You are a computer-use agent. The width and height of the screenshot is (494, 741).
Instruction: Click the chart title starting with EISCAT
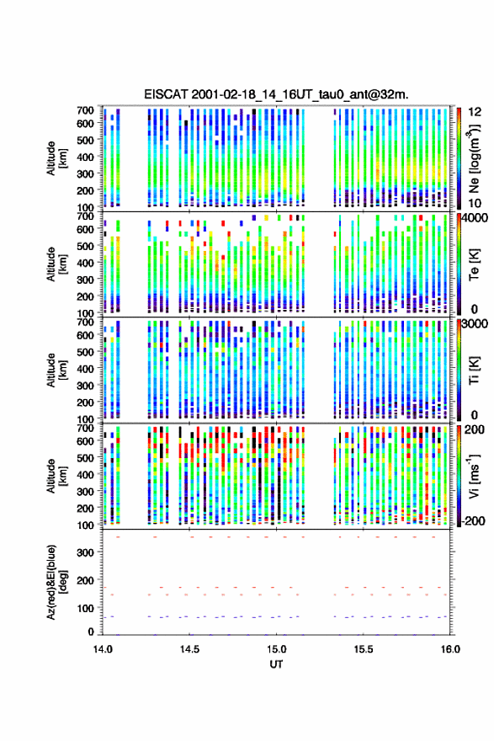(276, 94)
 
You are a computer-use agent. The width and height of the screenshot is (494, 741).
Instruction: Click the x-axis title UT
(276, 664)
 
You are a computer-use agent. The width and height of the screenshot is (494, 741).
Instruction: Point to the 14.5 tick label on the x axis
(189, 649)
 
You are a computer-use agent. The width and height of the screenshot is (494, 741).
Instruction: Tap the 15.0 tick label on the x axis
(276, 649)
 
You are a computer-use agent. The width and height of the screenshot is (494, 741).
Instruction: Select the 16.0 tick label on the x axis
(450, 649)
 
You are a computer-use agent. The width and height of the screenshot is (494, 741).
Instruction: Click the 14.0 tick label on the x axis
(103, 649)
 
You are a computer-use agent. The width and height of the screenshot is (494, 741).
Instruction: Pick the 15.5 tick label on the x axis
(364, 649)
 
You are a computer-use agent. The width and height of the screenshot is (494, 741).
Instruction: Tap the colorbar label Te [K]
(474, 264)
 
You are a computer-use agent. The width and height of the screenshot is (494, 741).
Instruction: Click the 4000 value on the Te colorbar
(473, 218)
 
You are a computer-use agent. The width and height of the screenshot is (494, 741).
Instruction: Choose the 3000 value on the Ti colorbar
(473, 323)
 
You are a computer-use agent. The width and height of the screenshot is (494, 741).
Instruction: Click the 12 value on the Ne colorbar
(475, 112)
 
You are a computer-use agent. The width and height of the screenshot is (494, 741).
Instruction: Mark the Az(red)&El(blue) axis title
(56, 582)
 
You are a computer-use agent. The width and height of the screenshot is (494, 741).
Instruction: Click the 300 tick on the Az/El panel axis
(86, 552)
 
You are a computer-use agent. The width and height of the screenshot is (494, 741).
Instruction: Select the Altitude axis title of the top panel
(56, 158)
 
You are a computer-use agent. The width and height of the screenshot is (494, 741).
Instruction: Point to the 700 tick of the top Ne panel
(86, 110)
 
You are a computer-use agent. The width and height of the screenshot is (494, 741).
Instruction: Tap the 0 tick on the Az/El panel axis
(91, 632)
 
